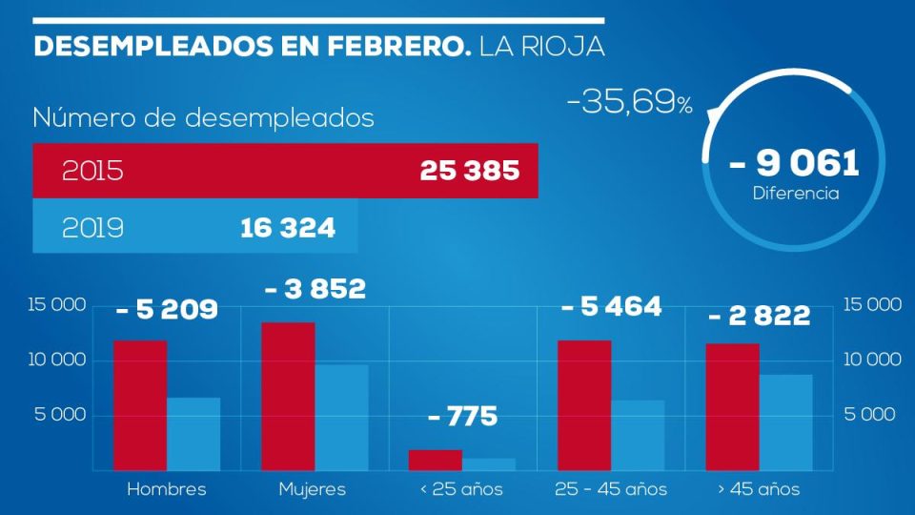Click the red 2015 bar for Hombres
[x=140, y=405]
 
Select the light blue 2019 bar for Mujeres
[x=341, y=418]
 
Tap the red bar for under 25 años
[x=436, y=460]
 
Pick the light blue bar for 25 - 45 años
[x=638, y=435]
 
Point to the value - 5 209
[x=167, y=310]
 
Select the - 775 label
[x=462, y=418]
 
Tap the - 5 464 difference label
[x=611, y=307]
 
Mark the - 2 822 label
[x=759, y=317]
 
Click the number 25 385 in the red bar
[x=469, y=172]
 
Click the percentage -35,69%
[x=629, y=103]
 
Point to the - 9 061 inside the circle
[x=795, y=163]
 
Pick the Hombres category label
[x=166, y=489]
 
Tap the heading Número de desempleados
[x=203, y=118]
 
